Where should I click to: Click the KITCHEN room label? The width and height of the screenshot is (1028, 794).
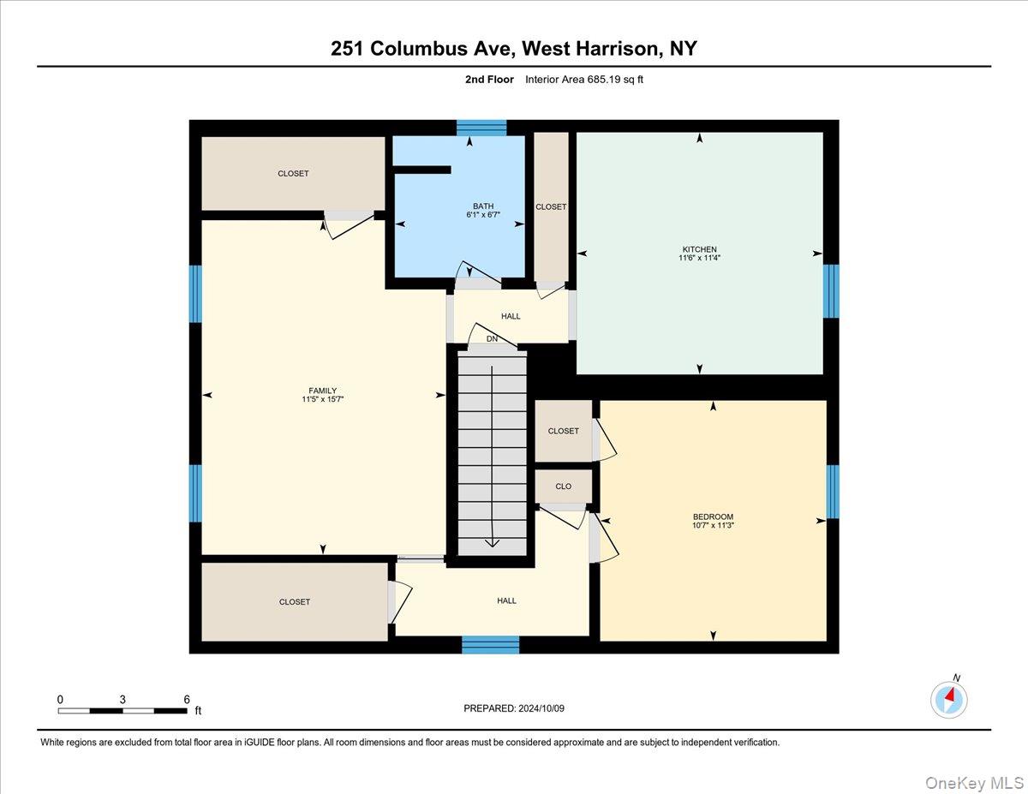pos(700,249)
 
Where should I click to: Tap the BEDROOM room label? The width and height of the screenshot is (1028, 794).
pos(713,516)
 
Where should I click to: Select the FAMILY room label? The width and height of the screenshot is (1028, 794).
pos(323,391)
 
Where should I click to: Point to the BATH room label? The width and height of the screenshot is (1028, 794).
pos(483,206)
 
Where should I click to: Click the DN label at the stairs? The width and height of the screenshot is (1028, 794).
pos(492,339)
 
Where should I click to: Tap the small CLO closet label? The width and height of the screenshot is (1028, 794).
pos(563,487)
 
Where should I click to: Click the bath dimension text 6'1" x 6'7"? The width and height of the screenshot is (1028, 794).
pos(483,215)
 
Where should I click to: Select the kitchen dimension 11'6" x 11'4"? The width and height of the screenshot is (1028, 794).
pos(700,258)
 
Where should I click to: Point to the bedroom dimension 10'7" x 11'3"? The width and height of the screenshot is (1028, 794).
pos(713,525)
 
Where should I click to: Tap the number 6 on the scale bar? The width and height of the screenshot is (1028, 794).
pos(187,700)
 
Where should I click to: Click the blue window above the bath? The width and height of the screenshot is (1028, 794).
pos(481,128)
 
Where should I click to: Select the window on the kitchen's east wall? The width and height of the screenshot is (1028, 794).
pos(830,291)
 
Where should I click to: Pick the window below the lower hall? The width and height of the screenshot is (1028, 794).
pos(490,645)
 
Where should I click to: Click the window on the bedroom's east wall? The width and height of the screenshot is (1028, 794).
pos(832,492)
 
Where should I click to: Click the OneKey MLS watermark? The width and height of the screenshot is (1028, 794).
pos(974,782)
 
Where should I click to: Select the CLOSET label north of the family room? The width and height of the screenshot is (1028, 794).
pos(293,173)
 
